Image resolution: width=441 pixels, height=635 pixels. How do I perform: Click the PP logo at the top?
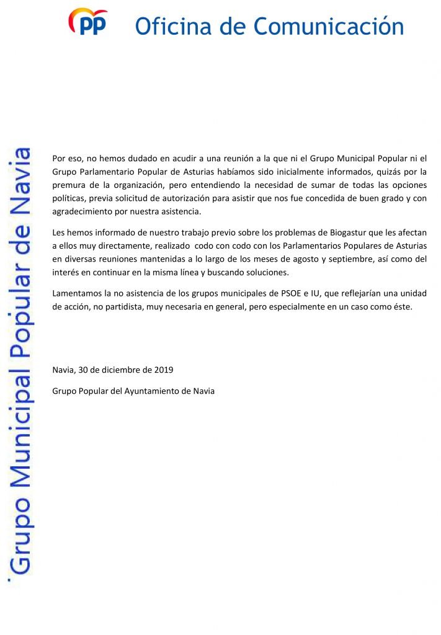pyautogui.click(x=87, y=22)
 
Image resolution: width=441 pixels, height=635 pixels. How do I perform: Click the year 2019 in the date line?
pyautogui.click(x=163, y=370)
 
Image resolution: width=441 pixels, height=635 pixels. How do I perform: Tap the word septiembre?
pyautogui.click(x=341, y=259)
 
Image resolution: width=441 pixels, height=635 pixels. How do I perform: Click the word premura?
pyautogui.click(x=69, y=185)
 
